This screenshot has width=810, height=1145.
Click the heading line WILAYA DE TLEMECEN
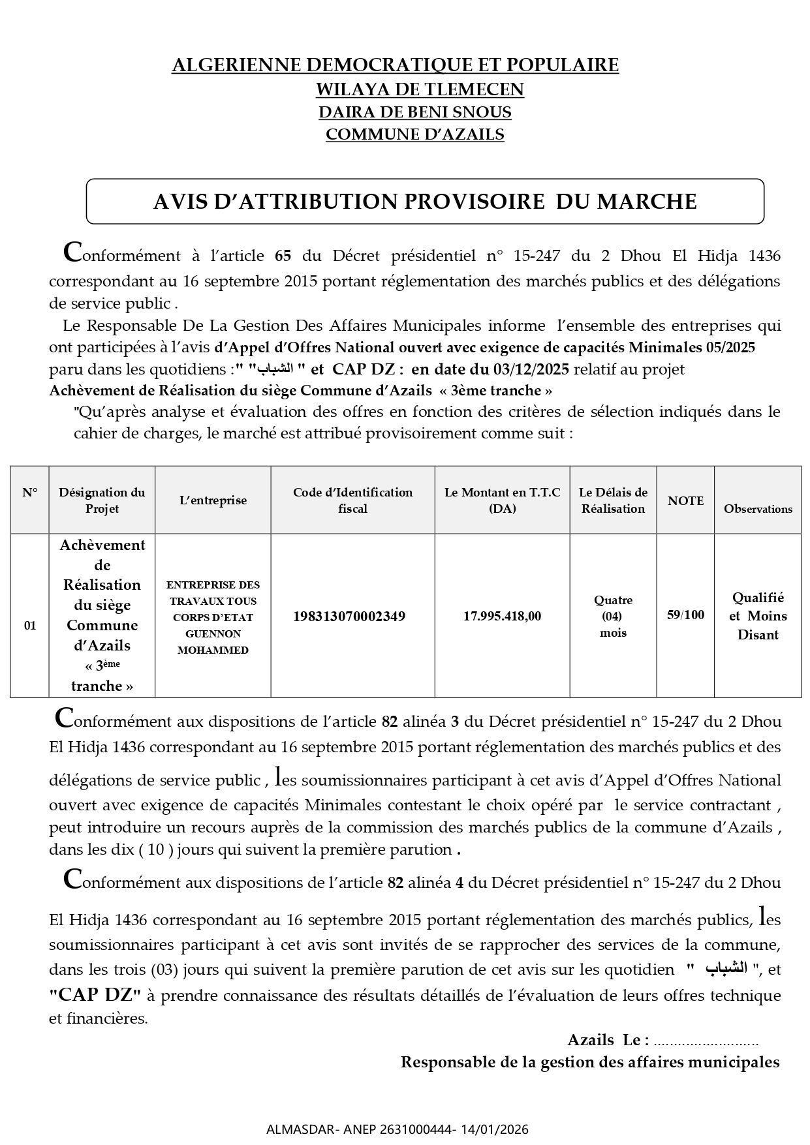(x=420, y=89)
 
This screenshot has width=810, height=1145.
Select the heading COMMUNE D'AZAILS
(x=415, y=134)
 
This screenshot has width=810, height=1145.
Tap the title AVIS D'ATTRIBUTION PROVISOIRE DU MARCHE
(x=425, y=202)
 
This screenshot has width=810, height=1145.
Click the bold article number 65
(x=283, y=256)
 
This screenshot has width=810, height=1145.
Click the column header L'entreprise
(x=213, y=500)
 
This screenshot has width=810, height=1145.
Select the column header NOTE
(x=685, y=500)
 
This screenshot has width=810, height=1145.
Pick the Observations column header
(x=758, y=509)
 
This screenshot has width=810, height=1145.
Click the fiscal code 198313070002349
(x=349, y=616)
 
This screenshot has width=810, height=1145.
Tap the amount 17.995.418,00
(x=502, y=616)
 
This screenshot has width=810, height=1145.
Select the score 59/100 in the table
(x=685, y=615)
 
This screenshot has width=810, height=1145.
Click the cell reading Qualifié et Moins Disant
(x=758, y=616)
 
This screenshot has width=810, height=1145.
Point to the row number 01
(x=30, y=626)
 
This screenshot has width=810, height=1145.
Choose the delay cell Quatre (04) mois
(x=613, y=616)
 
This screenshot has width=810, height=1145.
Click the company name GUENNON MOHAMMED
(x=213, y=641)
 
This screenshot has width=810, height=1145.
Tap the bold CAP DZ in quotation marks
(x=95, y=996)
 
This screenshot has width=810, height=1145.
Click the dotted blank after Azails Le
(x=706, y=1041)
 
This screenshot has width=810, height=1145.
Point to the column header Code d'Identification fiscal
(x=352, y=500)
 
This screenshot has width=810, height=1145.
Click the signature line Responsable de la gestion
(x=589, y=1062)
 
